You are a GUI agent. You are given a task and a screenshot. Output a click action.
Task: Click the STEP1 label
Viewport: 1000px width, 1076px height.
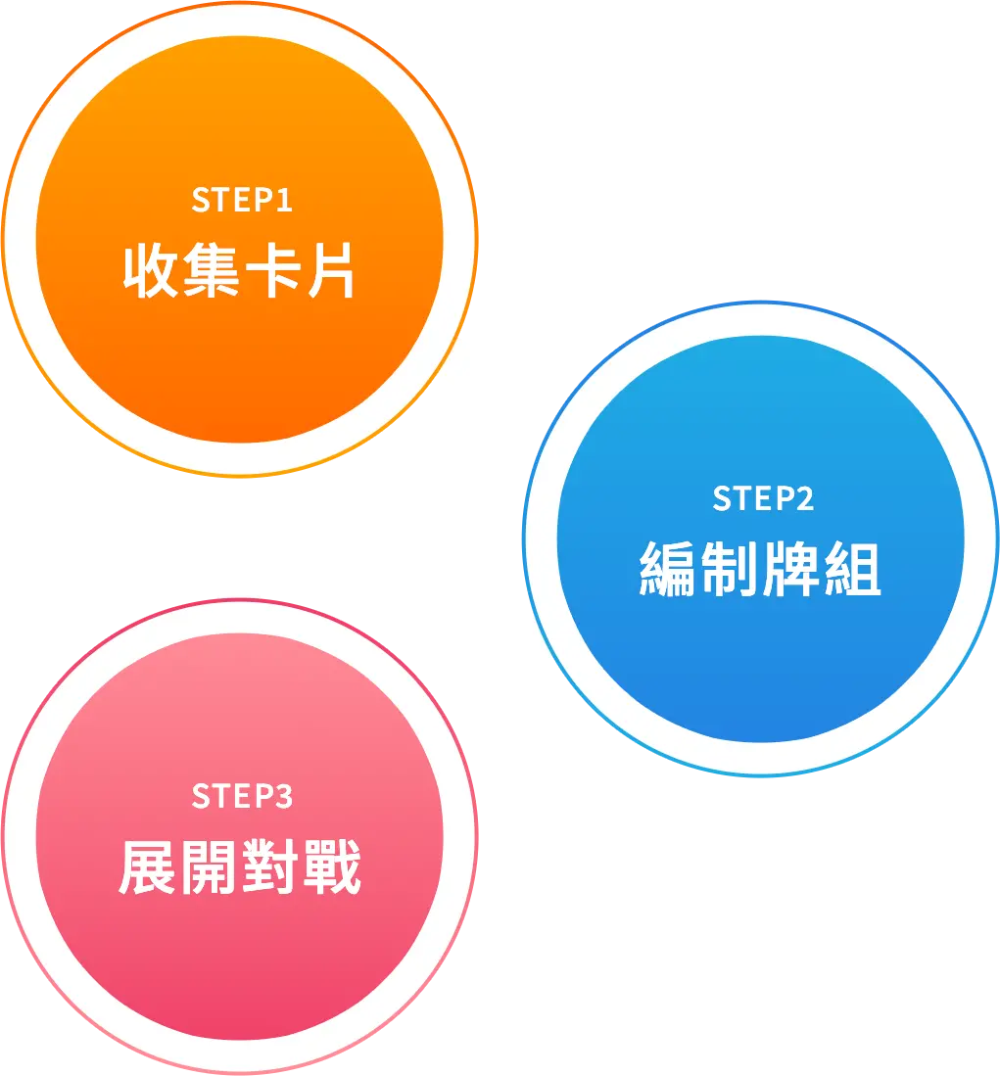[242, 201]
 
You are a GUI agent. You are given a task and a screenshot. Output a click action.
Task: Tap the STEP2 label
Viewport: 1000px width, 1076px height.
[763, 499]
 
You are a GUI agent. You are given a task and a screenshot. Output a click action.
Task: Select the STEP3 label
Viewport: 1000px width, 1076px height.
[242, 797]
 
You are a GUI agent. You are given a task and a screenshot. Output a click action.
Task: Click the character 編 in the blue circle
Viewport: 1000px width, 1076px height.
[667, 569]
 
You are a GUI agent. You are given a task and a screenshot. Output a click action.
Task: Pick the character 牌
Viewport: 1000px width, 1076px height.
[790, 569]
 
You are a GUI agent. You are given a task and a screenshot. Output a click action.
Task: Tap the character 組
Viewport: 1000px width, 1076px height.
[852, 569]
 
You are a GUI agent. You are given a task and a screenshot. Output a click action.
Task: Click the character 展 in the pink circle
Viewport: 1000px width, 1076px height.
[148, 866]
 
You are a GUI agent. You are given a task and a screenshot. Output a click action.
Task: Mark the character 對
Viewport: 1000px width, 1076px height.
[270, 866]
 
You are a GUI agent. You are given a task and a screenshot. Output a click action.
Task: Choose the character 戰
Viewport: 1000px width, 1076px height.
[332, 866]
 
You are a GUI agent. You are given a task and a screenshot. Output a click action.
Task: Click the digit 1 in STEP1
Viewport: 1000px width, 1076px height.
[284, 201]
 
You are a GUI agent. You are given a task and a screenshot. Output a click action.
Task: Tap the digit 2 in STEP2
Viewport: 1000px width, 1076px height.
[805, 499]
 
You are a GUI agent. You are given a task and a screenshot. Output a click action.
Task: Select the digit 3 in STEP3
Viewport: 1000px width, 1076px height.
[283, 797]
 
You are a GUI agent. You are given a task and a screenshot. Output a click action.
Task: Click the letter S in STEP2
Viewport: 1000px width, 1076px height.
[723, 499]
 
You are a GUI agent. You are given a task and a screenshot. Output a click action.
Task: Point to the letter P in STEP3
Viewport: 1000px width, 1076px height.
[264, 797]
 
